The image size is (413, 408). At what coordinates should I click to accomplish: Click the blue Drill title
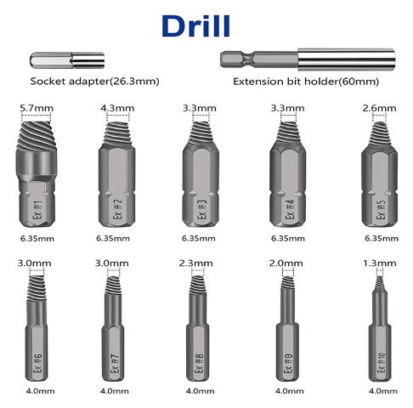point(195,26)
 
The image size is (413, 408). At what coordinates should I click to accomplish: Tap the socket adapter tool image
point(67,60)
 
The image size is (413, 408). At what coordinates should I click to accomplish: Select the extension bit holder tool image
point(308,59)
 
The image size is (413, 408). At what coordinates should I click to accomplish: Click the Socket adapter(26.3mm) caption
point(94,82)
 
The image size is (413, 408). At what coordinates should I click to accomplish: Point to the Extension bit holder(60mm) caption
point(306,82)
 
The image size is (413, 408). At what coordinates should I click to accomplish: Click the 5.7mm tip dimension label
point(37,108)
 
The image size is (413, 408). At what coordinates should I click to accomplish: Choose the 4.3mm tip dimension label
point(117,108)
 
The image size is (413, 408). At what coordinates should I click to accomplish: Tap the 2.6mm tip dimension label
point(379,108)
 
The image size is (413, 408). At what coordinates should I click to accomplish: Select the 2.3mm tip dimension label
point(195,263)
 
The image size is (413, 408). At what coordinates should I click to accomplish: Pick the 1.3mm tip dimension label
point(380,263)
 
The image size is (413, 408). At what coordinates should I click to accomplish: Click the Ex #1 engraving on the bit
point(37,210)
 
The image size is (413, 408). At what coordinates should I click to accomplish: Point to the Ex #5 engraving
point(381,209)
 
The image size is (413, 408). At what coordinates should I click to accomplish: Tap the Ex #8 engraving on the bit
point(200,363)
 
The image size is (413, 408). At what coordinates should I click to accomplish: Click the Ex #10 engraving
point(382,363)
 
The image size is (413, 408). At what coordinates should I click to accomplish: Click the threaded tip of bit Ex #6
point(37,288)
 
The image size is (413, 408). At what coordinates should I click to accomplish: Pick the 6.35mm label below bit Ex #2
point(113,239)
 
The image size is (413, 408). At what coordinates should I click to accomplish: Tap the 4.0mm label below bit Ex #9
point(289,391)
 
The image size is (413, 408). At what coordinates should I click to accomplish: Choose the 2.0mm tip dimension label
point(286,263)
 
